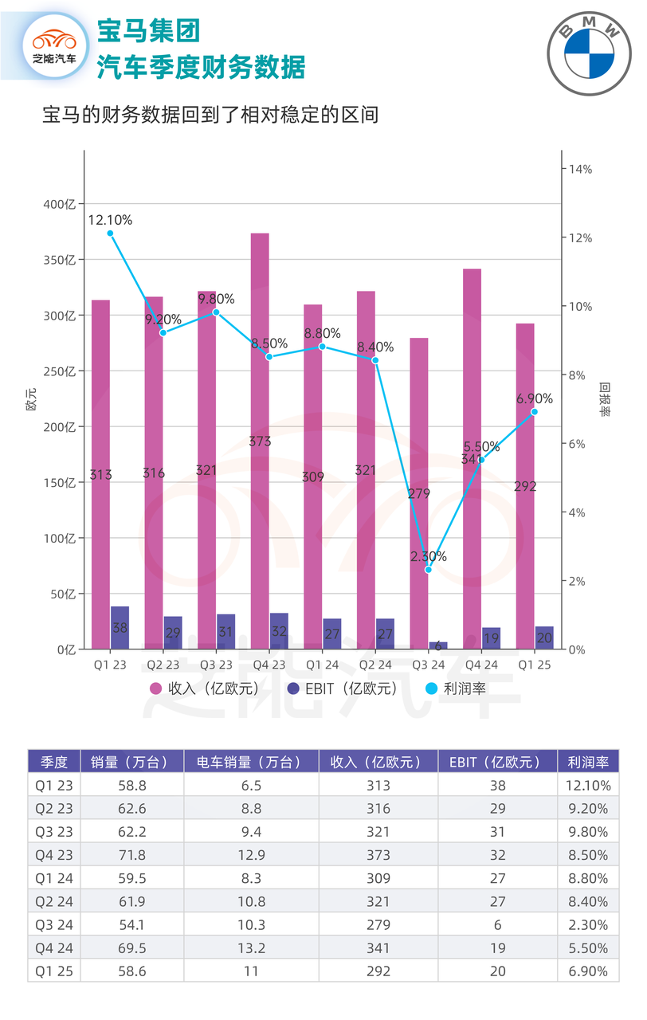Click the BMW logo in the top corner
coord(590,49)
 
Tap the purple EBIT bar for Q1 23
coord(120,627)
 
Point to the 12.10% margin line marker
coord(110,233)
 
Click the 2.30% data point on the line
coord(428,570)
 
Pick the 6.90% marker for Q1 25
coord(535,412)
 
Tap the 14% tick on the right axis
coord(579,169)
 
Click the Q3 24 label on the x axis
coord(428,665)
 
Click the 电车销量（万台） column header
coord(250,762)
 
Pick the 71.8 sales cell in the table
coord(134,855)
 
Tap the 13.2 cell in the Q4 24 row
coord(250,948)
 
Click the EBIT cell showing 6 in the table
coord(498,925)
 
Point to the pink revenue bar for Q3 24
coord(418,493)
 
